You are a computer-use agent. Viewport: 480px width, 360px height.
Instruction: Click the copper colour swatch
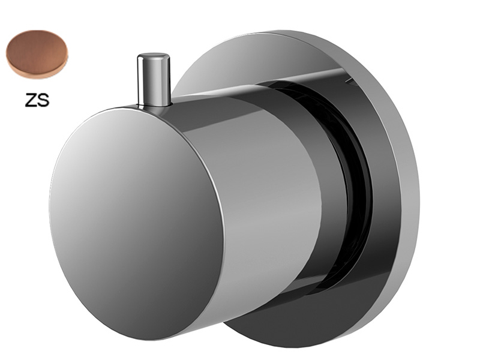point(37,54)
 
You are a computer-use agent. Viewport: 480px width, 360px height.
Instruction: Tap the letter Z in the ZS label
point(31,100)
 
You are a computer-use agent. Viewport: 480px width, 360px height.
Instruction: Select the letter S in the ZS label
point(43,100)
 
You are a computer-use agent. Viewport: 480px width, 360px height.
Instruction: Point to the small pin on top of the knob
point(154,80)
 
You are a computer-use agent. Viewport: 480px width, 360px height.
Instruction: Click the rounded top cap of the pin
point(154,57)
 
